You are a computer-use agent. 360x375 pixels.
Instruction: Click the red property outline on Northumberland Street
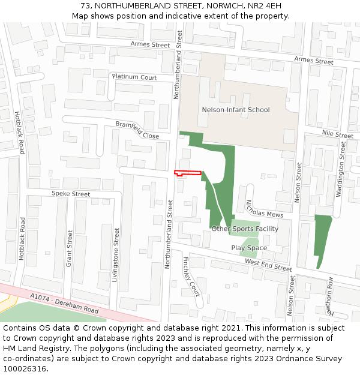[187, 173]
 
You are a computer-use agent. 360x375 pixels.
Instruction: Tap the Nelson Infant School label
[236, 110]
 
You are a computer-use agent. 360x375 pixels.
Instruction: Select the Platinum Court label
[134, 77]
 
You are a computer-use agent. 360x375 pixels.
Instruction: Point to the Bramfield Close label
[137, 130]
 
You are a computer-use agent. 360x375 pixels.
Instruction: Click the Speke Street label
[71, 194]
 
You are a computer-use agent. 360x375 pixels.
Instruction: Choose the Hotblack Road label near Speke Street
[22, 238]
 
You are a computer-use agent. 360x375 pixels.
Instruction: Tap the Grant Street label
[69, 248]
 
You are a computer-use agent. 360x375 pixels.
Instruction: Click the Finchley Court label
[191, 276]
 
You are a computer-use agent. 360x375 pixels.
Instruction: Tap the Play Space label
[249, 248]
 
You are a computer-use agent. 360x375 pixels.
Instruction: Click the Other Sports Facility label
[245, 229]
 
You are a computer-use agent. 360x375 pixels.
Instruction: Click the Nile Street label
[337, 134]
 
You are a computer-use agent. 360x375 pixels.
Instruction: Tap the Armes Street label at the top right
[313, 61]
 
